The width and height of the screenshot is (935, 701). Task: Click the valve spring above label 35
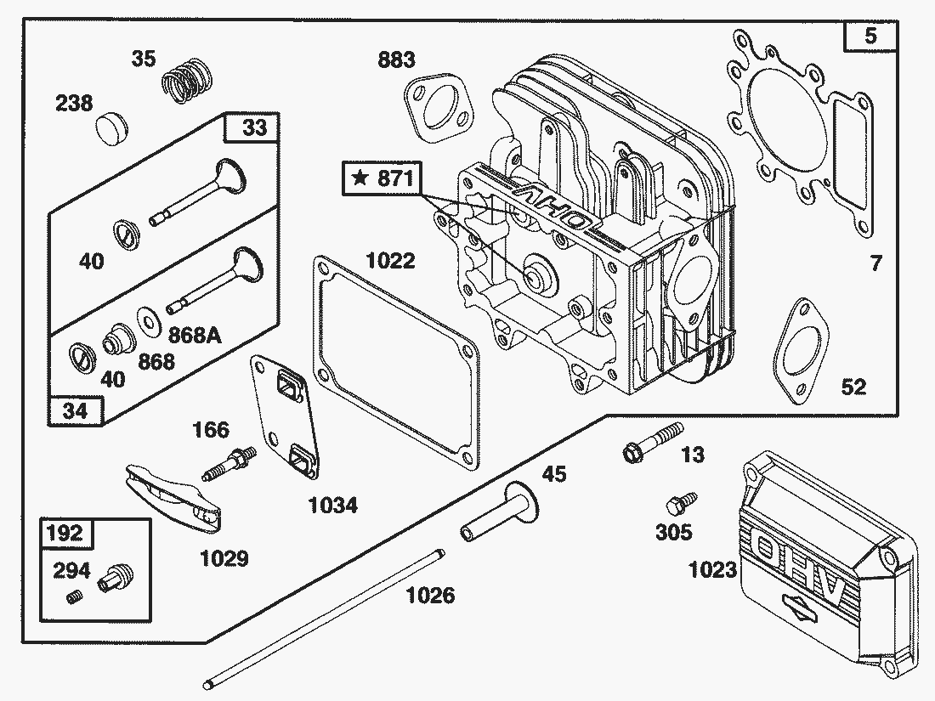(x=185, y=81)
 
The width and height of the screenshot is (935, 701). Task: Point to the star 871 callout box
(x=382, y=178)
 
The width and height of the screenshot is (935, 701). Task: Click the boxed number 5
(x=871, y=37)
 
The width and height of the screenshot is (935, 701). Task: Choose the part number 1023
(x=713, y=570)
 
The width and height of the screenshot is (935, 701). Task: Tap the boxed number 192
(x=65, y=533)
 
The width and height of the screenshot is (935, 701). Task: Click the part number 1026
(x=429, y=595)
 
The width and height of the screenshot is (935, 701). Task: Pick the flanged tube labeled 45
(x=501, y=513)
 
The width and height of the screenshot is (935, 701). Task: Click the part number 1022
(x=391, y=260)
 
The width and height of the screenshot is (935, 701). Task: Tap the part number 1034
(x=332, y=506)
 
